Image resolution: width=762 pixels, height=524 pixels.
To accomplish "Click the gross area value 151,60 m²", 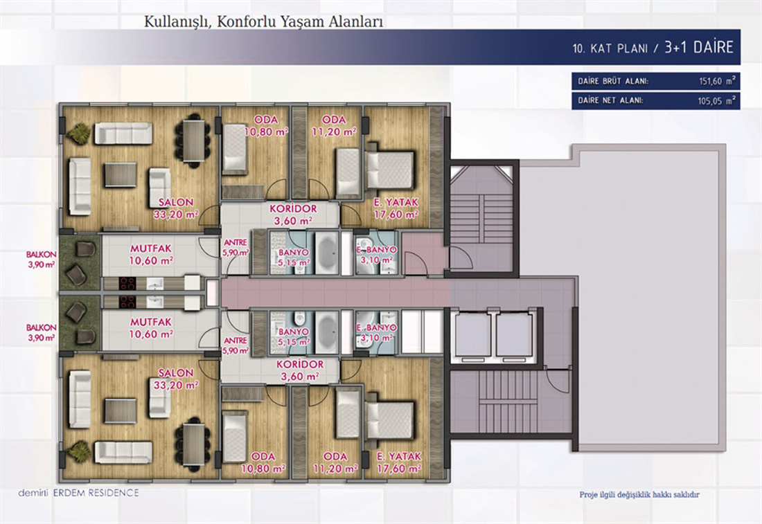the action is point(717,81).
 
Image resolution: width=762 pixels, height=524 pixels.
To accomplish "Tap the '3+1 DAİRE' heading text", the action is point(699,47).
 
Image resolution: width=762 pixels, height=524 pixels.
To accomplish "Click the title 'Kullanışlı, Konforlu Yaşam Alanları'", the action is point(263,22).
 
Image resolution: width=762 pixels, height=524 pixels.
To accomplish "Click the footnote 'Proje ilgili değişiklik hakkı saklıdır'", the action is point(639,495).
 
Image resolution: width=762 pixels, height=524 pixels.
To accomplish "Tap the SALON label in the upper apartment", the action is point(176,202).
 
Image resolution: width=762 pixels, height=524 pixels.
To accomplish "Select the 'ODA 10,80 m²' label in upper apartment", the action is point(266,125).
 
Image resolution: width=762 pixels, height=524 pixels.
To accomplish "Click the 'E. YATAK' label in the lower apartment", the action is point(399,456).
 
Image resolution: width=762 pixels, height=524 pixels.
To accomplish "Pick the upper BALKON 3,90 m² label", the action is point(42,260).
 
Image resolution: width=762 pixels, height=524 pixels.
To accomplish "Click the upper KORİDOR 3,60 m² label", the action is point(293,215).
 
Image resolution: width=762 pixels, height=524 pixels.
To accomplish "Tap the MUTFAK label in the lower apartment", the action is point(150,321).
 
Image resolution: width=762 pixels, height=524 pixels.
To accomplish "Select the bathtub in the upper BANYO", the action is point(328,253).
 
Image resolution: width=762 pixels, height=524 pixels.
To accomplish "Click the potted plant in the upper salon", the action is point(79,133).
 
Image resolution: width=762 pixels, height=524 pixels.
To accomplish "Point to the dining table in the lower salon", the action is point(193,445).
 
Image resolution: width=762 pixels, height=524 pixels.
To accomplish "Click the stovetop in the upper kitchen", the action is point(127,284).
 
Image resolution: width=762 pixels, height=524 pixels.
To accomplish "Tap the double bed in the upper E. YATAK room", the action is point(390,170).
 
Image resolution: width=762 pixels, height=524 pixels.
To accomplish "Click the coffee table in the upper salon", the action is point(121,175).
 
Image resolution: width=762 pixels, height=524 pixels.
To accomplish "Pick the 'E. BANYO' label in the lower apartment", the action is point(377,328).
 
